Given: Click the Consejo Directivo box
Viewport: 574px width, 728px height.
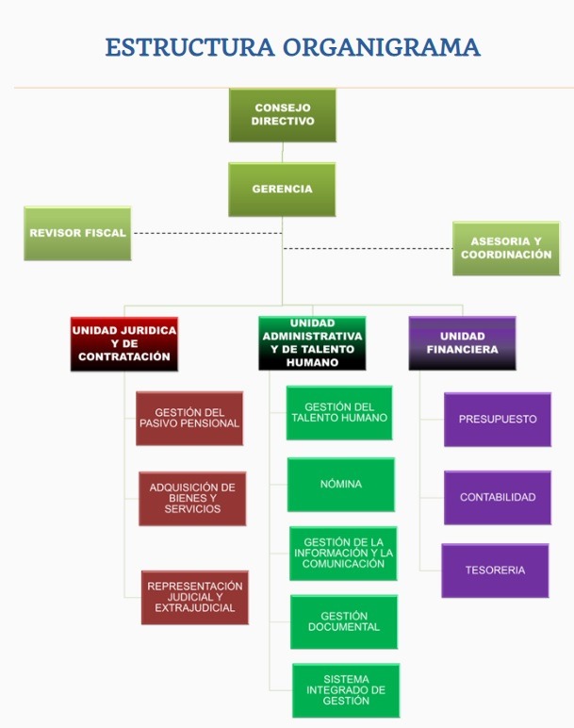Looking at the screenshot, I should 283,115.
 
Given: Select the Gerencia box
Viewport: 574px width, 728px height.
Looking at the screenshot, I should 283,190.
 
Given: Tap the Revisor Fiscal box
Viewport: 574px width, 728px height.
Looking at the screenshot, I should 78,233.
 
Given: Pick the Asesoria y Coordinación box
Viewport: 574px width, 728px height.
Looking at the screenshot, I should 506,249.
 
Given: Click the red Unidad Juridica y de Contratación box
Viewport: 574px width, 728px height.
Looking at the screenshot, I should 124,344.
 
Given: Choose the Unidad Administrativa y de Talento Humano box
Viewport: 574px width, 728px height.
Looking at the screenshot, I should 312,343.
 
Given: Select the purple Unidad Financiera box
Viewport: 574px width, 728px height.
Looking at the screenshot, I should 462,343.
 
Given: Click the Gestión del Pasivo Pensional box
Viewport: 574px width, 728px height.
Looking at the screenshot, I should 189,418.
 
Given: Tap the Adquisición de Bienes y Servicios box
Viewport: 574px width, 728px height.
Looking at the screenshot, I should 192,498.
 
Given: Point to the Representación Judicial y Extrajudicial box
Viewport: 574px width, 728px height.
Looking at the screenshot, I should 195,597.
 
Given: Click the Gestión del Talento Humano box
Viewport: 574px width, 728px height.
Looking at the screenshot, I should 339,412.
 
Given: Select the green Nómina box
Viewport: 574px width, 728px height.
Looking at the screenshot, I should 341,485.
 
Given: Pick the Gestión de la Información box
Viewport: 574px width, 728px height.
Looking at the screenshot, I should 343,553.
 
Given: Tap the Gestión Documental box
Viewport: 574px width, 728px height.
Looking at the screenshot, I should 344,621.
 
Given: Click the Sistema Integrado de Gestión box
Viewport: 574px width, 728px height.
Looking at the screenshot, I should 346,690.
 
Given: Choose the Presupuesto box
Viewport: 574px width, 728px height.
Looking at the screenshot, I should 498,419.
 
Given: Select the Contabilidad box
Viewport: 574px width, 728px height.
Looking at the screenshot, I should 498,497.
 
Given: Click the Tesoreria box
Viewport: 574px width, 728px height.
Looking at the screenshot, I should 495,571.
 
